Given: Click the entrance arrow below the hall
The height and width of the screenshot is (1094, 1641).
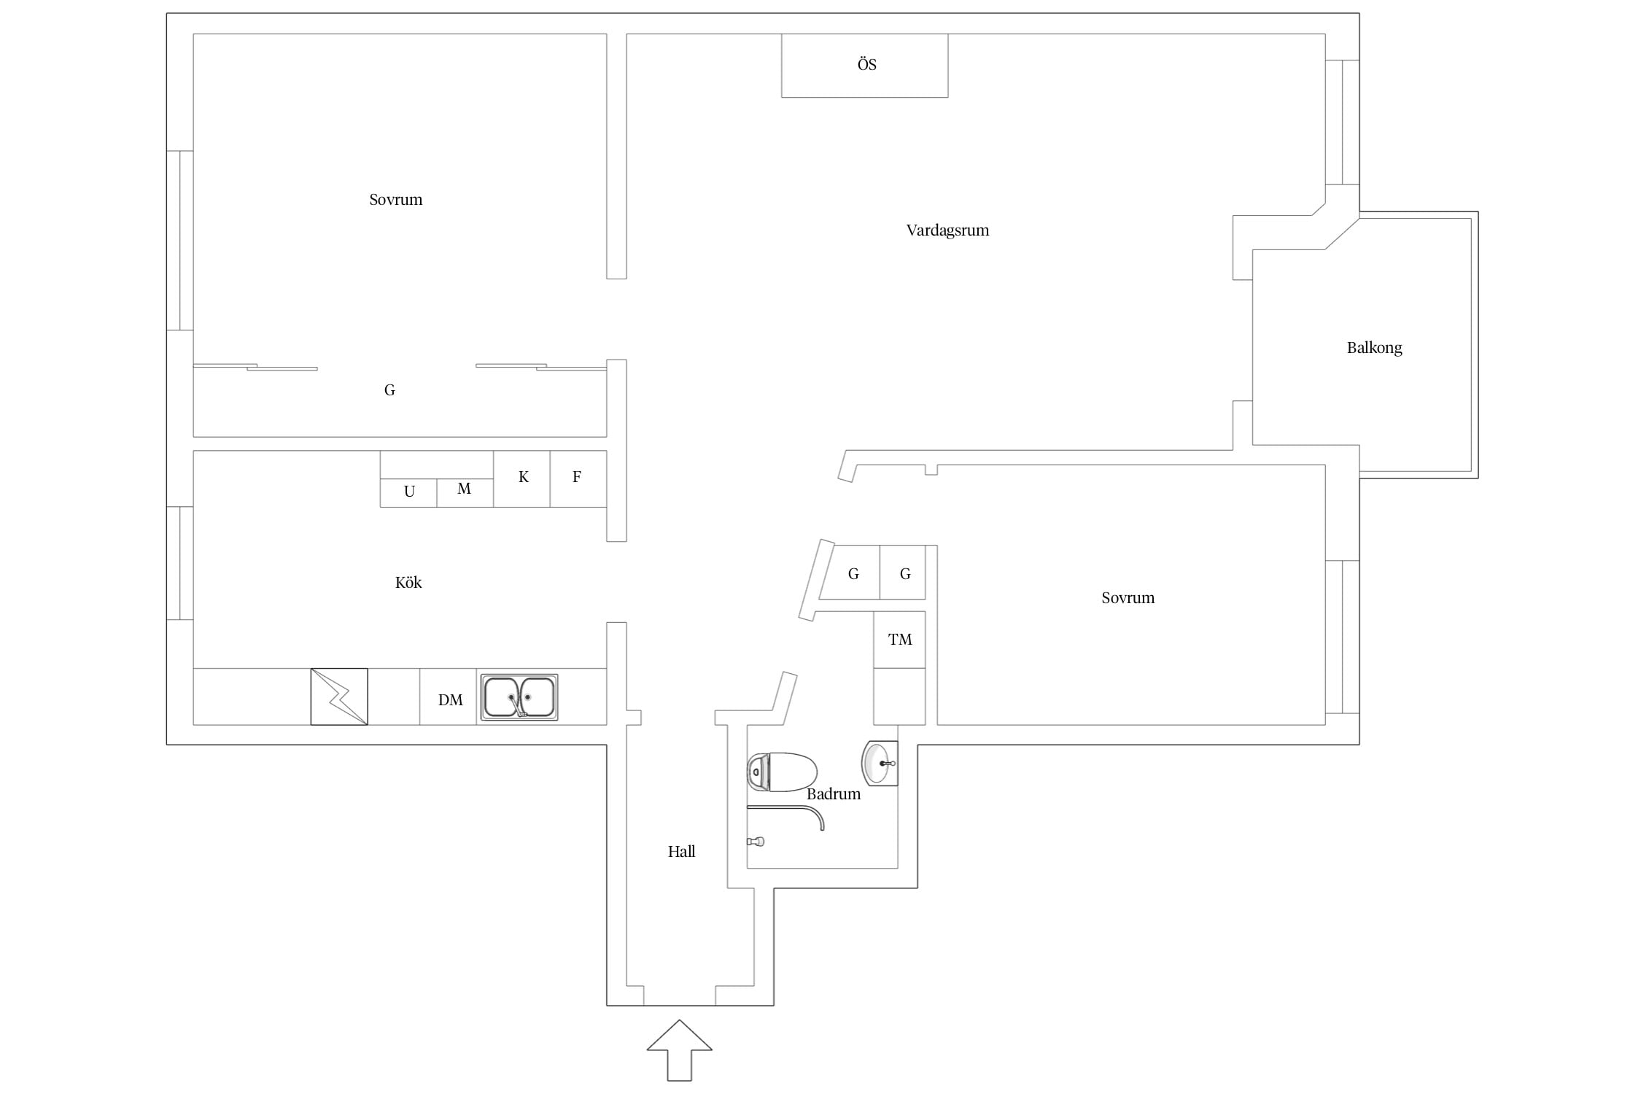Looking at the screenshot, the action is click(x=679, y=1050).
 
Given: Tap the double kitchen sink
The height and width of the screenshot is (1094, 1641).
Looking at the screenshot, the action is click(x=519, y=697).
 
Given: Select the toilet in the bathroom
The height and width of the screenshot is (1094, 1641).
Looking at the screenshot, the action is click(x=782, y=772).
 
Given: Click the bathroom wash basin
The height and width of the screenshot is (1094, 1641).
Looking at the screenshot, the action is click(x=880, y=763).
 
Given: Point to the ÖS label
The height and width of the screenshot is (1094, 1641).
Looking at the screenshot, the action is click(x=866, y=64).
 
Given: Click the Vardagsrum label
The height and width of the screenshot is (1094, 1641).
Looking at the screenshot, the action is click(x=947, y=230).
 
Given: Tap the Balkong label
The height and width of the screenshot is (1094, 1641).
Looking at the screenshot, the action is click(x=1374, y=348).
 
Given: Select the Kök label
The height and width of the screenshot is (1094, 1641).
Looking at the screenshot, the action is click(x=408, y=582).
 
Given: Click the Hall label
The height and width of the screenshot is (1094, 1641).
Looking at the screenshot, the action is click(x=681, y=851).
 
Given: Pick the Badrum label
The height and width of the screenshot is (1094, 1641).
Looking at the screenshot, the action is click(x=833, y=794).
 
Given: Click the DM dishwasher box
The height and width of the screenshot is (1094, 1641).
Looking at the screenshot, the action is click(x=448, y=697).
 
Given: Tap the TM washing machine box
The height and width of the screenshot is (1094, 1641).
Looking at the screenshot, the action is click(x=899, y=640).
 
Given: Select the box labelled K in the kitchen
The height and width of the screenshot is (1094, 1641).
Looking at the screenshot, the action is click(x=521, y=478).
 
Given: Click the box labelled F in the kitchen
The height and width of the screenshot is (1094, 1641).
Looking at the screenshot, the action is click(x=578, y=478).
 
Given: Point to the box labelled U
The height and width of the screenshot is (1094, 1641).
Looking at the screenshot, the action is click(x=408, y=493).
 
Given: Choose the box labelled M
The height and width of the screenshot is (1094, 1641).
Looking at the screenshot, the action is click(x=465, y=493).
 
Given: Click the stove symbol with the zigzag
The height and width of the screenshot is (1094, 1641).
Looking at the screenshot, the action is click(x=339, y=697).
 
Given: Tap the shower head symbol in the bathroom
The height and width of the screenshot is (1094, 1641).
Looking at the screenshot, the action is click(x=756, y=842).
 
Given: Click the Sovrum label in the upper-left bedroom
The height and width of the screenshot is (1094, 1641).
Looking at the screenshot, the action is click(x=395, y=200).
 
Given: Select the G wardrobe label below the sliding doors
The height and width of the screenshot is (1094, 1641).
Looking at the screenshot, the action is click(x=389, y=390).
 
